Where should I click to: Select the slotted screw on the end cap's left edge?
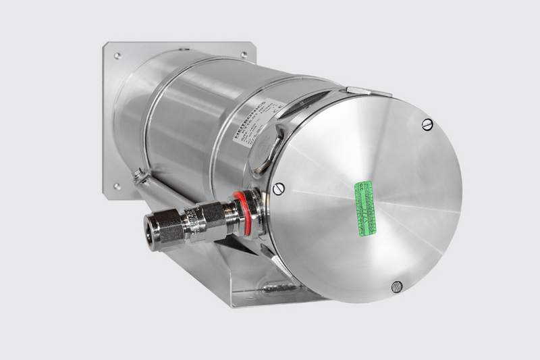(x=280, y=188)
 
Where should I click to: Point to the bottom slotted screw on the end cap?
(x=397, y=286)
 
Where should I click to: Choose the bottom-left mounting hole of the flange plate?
(x=117, y=186)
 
